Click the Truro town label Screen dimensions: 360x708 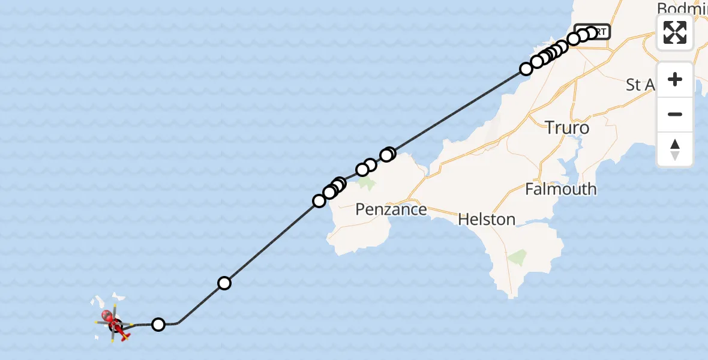pyautogui.click(x=567, y=127)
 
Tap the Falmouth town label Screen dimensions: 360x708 pyautogui.click(x=560, y=189)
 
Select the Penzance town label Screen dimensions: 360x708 pyautogui.click(x=391, y=209)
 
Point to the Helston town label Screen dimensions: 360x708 pyautogui.click(x=487, y=219)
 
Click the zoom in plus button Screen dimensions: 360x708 pyautogui.click(x=675, y=79)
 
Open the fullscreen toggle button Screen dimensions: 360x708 pyautogui.click(x=675, y=32)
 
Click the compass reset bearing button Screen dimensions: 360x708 pyautogui.click(x=675, y=149)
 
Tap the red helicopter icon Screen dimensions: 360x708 pyautogui.click(x=119, y=328)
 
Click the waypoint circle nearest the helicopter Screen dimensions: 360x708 pyautogui.click(x=158, y=325)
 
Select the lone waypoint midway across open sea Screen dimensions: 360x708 pyautogui.click(x=224, y=283)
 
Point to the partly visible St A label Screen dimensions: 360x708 pyautogui.click(x=640, y=85)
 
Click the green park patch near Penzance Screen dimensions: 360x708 pyautogui.click(x=367, y=183)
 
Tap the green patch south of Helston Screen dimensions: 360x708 pyautogui.click(x=515, y=257)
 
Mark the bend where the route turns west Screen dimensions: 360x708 pyautogui.click(x=178, y=323)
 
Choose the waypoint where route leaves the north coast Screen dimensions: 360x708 pyautogui.click(x=526, y=69)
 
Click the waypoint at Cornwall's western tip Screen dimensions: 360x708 pyautogui.click(x=319, y=200)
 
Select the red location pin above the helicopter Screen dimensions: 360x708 pyautogui.click(x=107, y=315)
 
